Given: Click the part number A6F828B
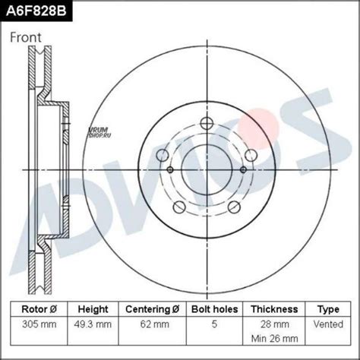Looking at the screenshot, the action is point(36,11).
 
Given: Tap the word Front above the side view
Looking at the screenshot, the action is point(25,37).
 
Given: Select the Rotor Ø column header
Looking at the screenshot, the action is point(39,309).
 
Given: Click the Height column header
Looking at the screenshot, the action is point(93,309).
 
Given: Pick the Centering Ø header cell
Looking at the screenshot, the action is point(153,309).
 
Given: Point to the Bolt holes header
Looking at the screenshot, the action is point(215,309).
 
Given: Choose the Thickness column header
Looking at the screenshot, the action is point(274,309).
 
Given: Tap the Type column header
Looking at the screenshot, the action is point(328,310).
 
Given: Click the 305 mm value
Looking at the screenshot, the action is point(39,324).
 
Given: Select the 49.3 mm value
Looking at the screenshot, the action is point(93,324).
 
